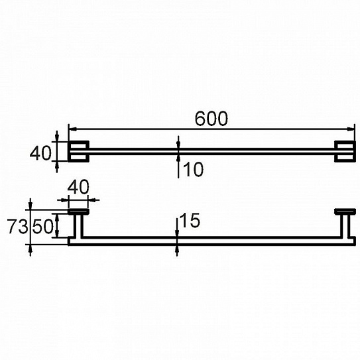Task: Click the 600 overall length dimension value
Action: click(x=211, y=119)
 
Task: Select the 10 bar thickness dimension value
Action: click(x=194, y=170)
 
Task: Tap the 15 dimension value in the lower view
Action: click(x=190, y=221)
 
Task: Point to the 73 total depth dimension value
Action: click(x=17, y=226)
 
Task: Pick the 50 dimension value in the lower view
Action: click(x=42, y=226)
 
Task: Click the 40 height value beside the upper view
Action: click(x=40, y=153)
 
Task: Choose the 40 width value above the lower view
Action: click(x=78, y=187)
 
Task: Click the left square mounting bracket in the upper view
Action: click(x=78, y=152)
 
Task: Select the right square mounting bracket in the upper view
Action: click(x=345, y=152)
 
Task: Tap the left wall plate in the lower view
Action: click(x=78, y=211)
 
